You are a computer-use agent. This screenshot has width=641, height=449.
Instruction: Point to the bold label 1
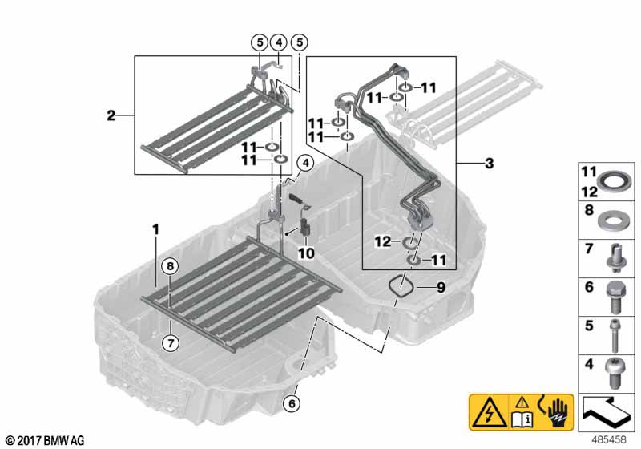coord(156,229)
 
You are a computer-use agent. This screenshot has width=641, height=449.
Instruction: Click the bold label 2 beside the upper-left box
coord(111,116)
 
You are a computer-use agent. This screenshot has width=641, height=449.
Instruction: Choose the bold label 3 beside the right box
coord(489,164)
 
